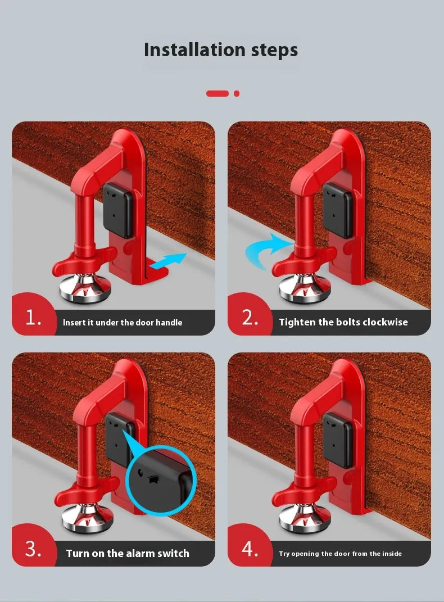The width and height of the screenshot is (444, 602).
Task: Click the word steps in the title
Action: pos(269,51)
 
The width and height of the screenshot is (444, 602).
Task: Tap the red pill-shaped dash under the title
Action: pos(217,93)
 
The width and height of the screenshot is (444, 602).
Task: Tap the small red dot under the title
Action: pos(237,93)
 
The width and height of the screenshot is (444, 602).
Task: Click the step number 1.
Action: pos(33,318)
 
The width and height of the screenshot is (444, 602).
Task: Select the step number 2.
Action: pos(250,318)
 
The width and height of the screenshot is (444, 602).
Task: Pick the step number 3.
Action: pos(33,549)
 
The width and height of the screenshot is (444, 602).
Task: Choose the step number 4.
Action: pos(250,549)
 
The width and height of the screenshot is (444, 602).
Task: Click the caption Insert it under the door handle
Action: pos(123,323)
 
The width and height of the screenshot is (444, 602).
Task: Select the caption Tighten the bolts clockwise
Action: pos(343,322)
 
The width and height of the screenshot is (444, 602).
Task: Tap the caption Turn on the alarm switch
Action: pos(128,553)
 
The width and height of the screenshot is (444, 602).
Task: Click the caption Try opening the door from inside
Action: pos(340,554)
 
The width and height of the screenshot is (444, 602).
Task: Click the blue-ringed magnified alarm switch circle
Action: pos(160,481)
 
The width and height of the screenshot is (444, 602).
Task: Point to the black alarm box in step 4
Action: pos(338,440)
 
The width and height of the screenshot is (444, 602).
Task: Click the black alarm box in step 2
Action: pos(337,209)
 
